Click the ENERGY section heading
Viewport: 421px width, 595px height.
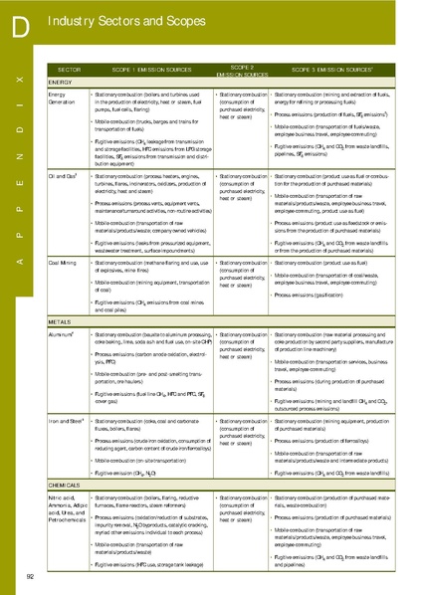[x=60, y=82]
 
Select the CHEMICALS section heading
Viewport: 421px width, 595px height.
[x=65, y=485]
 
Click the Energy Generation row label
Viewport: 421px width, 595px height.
[x=62, y=98]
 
